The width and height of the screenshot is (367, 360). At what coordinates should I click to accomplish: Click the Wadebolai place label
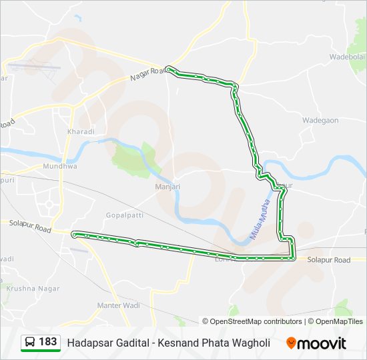tap(347, 57)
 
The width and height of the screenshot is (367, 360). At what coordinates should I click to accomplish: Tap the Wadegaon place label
tap(320, 121)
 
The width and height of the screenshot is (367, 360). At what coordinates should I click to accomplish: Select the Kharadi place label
tap(81, 132)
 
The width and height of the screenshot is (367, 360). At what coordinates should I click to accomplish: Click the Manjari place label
tap(167, 187)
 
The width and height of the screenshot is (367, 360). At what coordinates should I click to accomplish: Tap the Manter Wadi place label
tap(118, 305)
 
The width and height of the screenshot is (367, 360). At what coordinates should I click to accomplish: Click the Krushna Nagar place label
tap(33, 289)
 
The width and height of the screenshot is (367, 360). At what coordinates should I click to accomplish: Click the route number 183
tap(48, 342)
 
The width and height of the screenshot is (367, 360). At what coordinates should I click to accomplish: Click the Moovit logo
tap(316, 343)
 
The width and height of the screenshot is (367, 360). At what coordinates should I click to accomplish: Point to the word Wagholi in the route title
tap(250, 343)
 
